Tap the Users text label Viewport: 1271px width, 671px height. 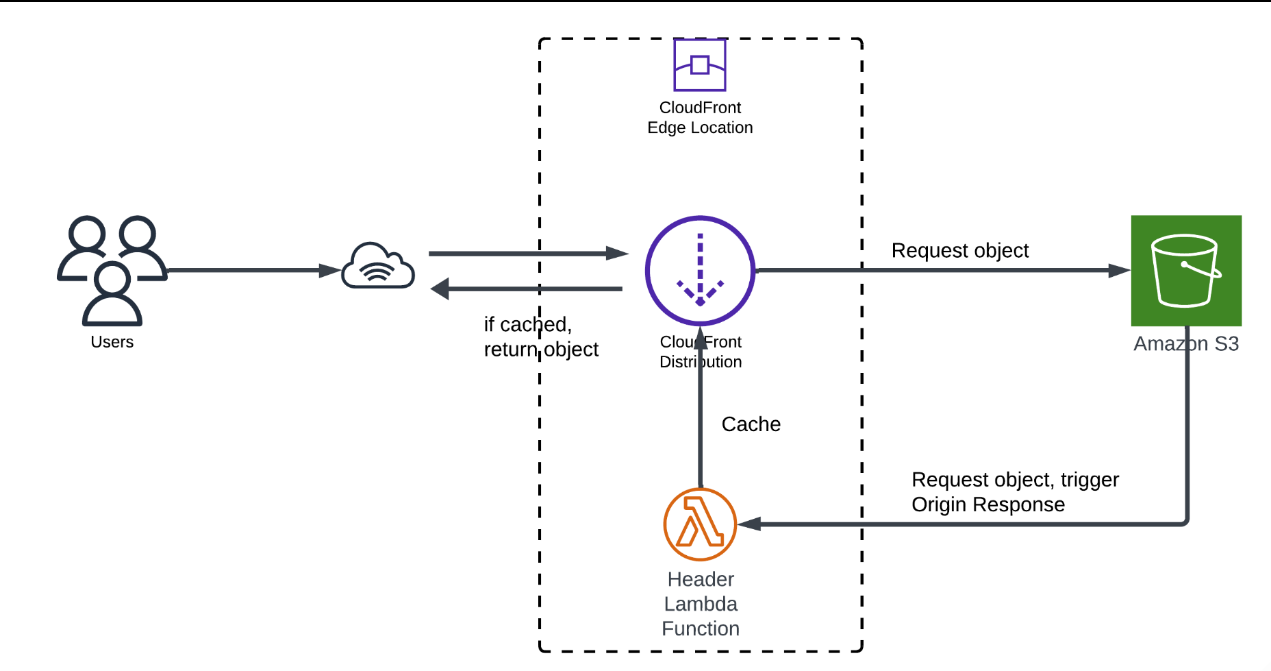(112, 342)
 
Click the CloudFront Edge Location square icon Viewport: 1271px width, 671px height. (699, 65)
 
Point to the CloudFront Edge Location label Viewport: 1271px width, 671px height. (700, 118)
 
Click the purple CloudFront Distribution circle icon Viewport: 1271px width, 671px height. (700, 271)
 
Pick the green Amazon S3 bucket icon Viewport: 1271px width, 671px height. (1186, 271)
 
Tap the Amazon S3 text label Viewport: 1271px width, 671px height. (1186, 344)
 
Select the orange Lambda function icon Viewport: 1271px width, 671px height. (700, 524)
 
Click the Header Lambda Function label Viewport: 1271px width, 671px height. (701, 604)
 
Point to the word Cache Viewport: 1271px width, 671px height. (751, 424)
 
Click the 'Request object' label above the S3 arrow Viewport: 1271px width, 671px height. (960, 251)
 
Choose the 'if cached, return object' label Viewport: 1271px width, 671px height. (541, 337)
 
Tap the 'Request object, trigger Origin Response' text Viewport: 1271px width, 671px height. (1015, 492)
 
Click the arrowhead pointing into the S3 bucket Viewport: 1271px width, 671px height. (1119, 271)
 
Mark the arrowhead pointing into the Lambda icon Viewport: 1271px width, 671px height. (749, 524)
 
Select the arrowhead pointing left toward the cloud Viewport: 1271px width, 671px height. (440, 289)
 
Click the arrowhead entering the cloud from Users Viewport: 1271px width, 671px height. (330, 271)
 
